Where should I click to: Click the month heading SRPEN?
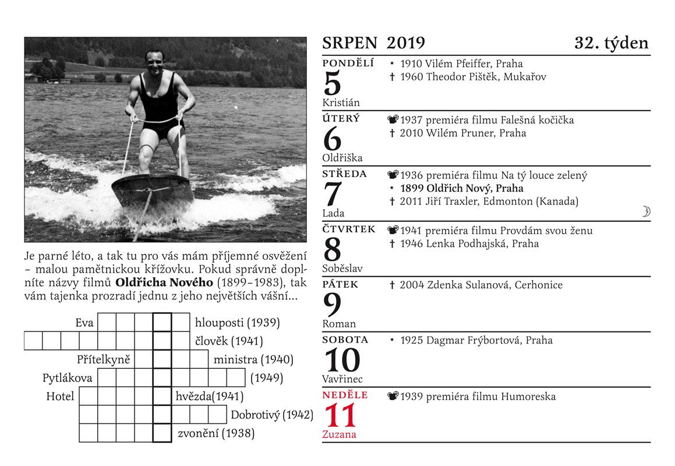(x=349, y=43)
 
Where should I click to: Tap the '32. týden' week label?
(x=612, y=43)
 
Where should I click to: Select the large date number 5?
(x=332, y=83)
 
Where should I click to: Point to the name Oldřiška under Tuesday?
(x=342, y=158)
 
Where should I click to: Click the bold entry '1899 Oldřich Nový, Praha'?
(x=461, y=188)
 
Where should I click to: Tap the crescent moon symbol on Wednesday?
(x=646, y=211)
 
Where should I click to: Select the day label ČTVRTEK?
(x=349, y=229)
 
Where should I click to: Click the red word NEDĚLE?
(x=345, y=395)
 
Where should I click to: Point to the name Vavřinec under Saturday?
(x=342, y=379)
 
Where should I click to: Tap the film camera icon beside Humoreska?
(x=393, y=396)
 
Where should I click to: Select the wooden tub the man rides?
(x=153, y=190)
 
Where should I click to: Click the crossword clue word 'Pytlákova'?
(x=67, y=378)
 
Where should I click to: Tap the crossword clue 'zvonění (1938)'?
(x=216, y=433)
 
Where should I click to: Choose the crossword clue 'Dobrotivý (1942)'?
(x=272, y=415)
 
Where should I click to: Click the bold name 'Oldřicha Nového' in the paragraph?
(x=164, y=283)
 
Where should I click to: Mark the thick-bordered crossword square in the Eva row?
(x=162, y=322)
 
